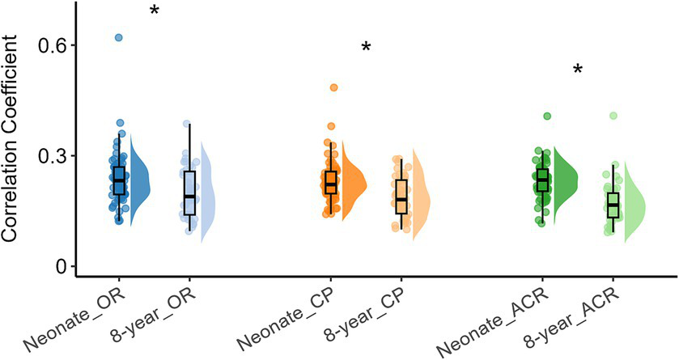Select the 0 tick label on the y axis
pos(61,267)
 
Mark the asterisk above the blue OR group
pos(154,11)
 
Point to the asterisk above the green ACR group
pos(578,70)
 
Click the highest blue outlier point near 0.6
pos(119,37)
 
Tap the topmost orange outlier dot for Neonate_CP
pos(333,87)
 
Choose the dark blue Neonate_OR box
pos(120,180)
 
